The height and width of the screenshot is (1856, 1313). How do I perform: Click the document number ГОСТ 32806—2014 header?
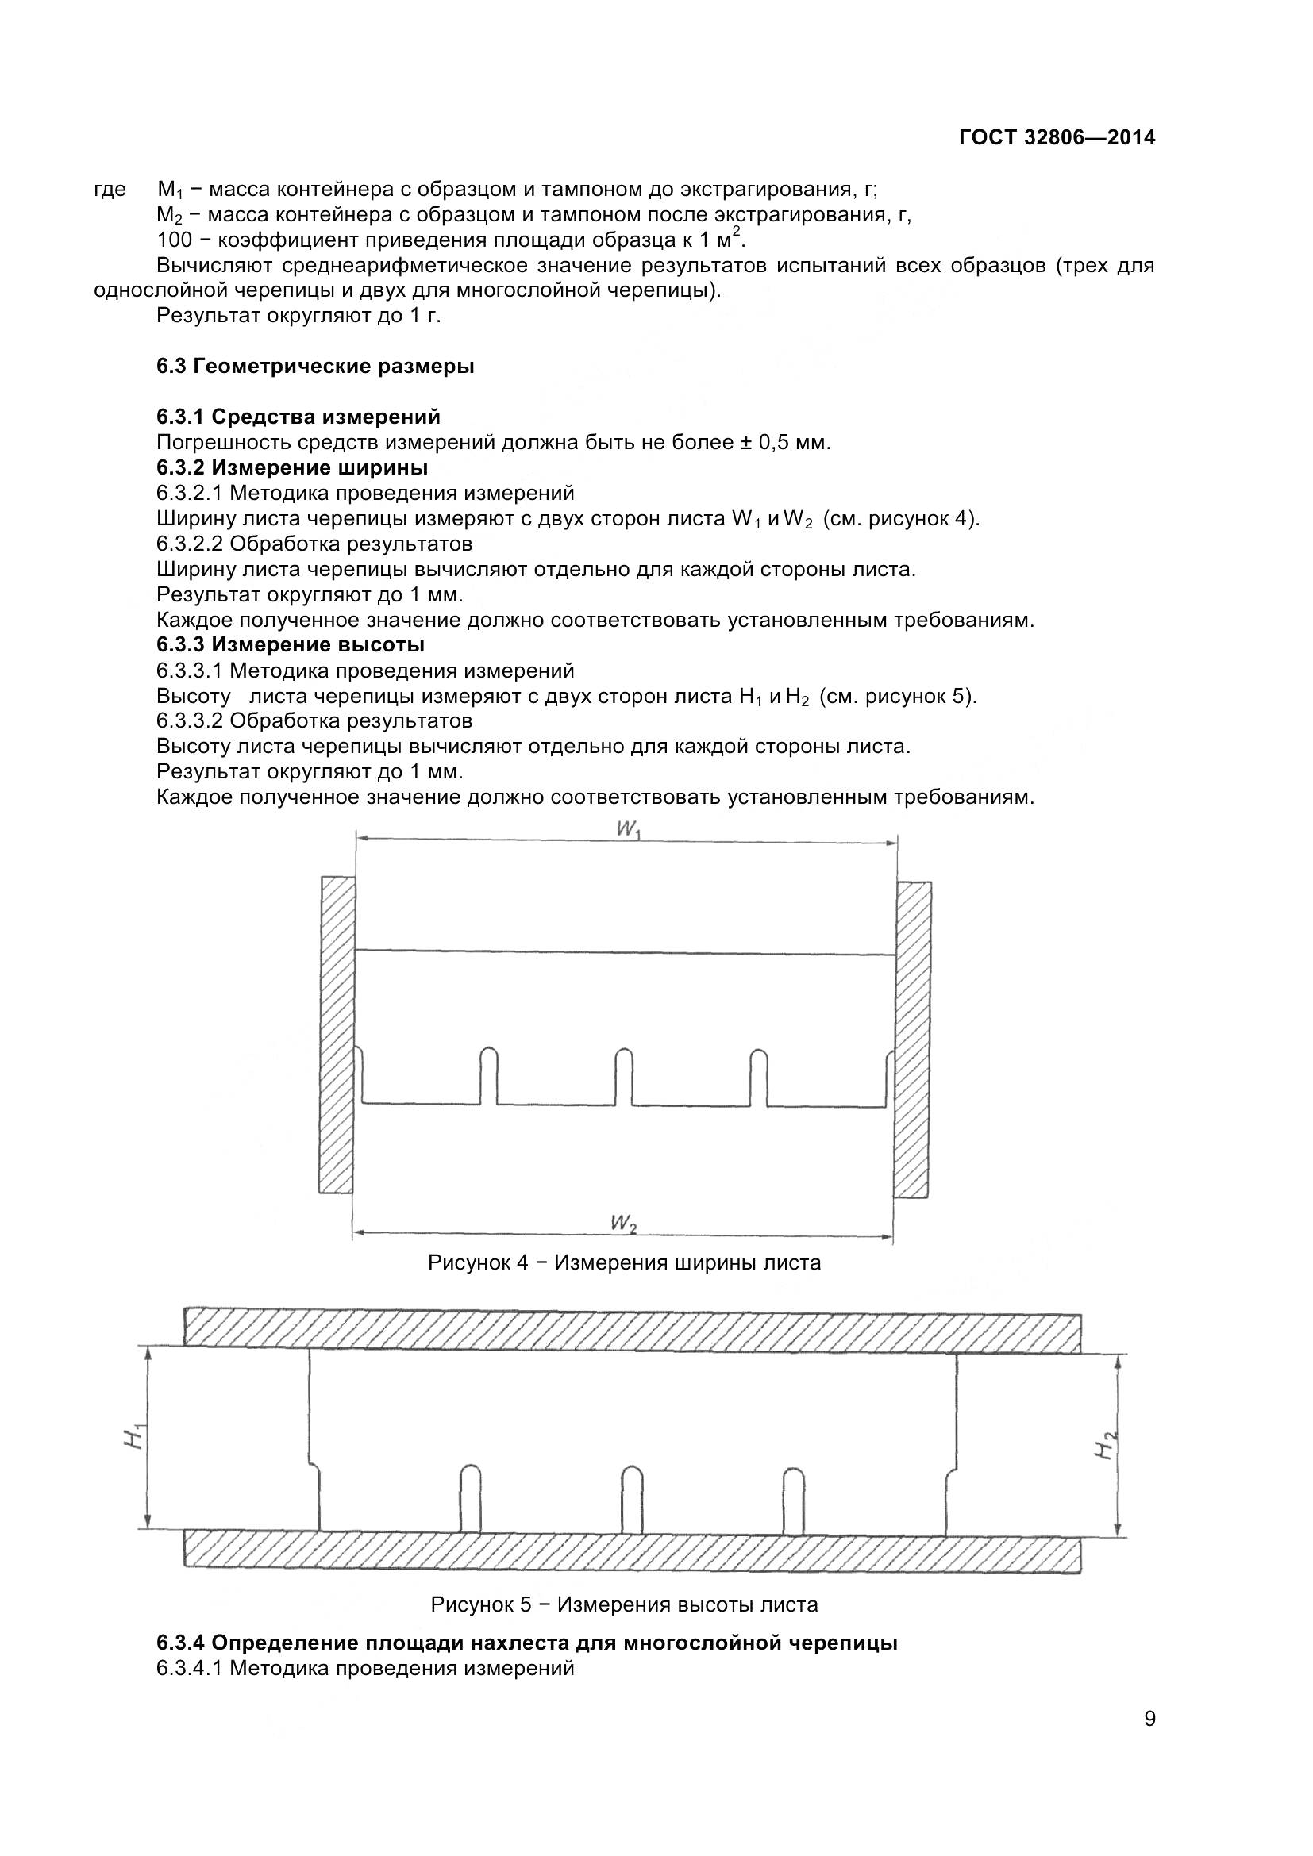(x=1057, y=138)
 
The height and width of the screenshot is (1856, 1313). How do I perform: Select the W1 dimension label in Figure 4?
(x=628, y=830)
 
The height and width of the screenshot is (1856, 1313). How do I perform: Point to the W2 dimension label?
(x=623, y=1224)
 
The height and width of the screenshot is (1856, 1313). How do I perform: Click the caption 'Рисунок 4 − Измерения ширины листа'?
(x=624, y=1262)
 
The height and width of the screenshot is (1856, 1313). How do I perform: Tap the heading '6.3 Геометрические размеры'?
(x=315, y=366)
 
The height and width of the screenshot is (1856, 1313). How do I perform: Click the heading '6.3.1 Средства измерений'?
(x=298, y=417)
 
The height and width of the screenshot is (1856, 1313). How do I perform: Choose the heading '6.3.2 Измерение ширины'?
(x=292, y=468)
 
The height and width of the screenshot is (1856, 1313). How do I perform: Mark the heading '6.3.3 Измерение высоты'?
(x=291, y=645)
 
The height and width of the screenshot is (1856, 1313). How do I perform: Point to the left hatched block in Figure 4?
(x=337, y=1034)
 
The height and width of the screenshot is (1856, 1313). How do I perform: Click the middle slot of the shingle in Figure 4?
(x=623, y=1076)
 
